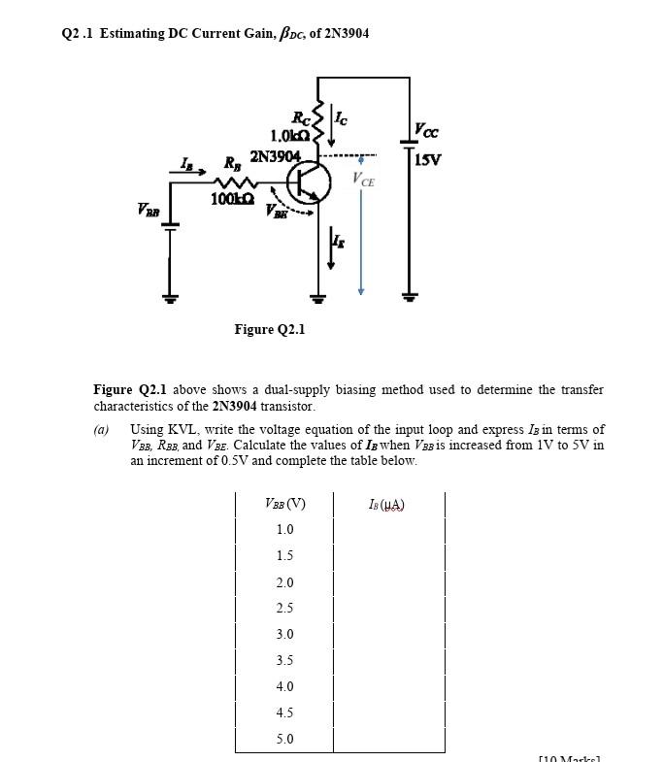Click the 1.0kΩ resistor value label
[x=290, y=136]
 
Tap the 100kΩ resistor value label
[x=234, y=199]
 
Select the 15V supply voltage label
[x=428, y=160]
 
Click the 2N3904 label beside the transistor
[x=276, y=156]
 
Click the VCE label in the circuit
[x=365, y=181]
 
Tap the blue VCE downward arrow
[x=361, y=233]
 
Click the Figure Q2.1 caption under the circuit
[x=270, y=329]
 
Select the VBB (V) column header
[x=284, y=504]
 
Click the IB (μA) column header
[x=387, y=504]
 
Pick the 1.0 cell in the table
[x=284, y=530]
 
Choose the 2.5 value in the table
[x=284, y=609]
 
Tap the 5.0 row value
[x=284, y=740]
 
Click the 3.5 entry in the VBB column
[x=284, y=661]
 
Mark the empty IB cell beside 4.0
[x=388, y=687]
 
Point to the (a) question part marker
[x=101, y=429]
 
